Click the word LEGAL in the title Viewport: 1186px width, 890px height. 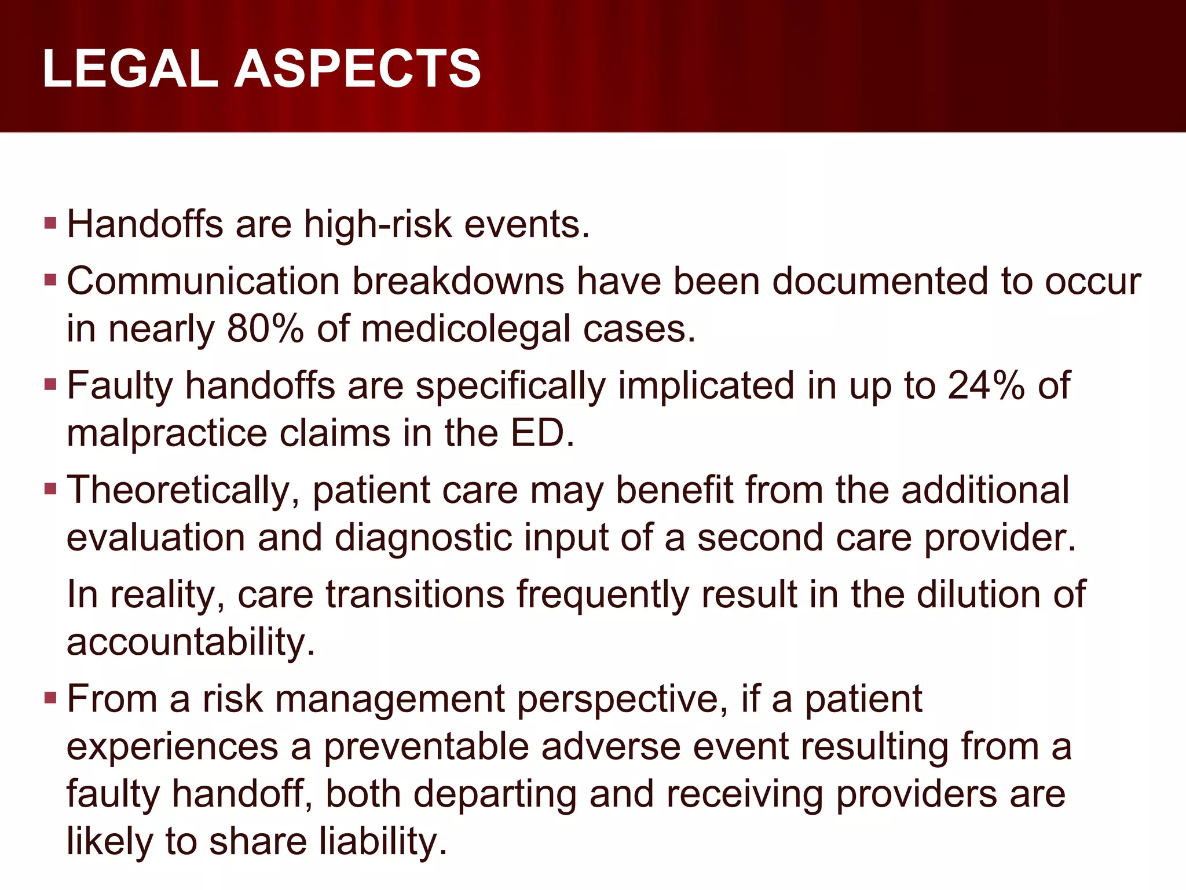click(x=129, y=69)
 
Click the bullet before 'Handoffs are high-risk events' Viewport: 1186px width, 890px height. click(x=50, y=223)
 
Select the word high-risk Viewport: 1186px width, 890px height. click(x=378, y=224)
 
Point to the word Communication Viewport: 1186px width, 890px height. click(x=203, y=282)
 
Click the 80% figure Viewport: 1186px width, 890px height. click(x=265, y=329)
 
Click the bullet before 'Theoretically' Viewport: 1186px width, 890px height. click(x=50, y=490)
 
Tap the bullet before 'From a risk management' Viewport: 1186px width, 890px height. click(x=50, y=698)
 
